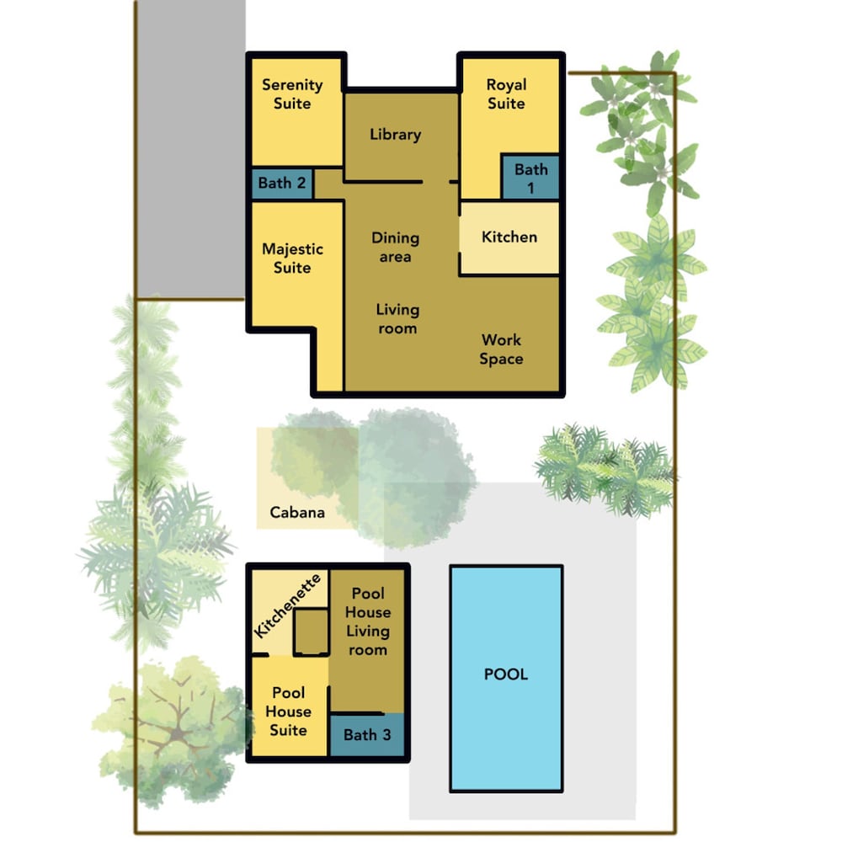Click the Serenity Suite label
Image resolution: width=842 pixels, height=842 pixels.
pos(292,94)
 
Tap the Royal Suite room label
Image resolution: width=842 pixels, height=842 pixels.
pos(506,94)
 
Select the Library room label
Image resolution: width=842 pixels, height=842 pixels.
pos(395,134)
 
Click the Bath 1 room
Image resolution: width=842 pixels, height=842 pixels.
pos(530,178)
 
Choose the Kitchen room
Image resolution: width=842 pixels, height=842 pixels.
pos(509,238)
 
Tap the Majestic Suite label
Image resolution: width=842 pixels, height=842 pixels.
pos(292,258)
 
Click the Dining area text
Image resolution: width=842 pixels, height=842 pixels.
pos(395,247)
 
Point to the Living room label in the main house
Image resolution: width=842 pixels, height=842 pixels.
pos(397,319)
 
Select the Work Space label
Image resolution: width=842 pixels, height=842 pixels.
pos(501,349)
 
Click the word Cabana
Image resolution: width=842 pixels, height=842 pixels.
pos(297,512)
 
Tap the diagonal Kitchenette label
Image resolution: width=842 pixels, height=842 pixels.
pos(287,605)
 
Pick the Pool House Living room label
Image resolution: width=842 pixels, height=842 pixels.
pos(368,621)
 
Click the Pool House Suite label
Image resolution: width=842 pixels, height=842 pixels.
pos(288,711)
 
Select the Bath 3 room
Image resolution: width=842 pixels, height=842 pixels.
pos(367,735)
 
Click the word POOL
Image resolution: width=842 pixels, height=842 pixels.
pos(506,674)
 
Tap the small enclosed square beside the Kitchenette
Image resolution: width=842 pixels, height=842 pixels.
pos(312,632)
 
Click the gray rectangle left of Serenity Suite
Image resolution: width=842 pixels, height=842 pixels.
pos(191,149)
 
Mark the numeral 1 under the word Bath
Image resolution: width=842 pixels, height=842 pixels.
pos(530,189)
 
